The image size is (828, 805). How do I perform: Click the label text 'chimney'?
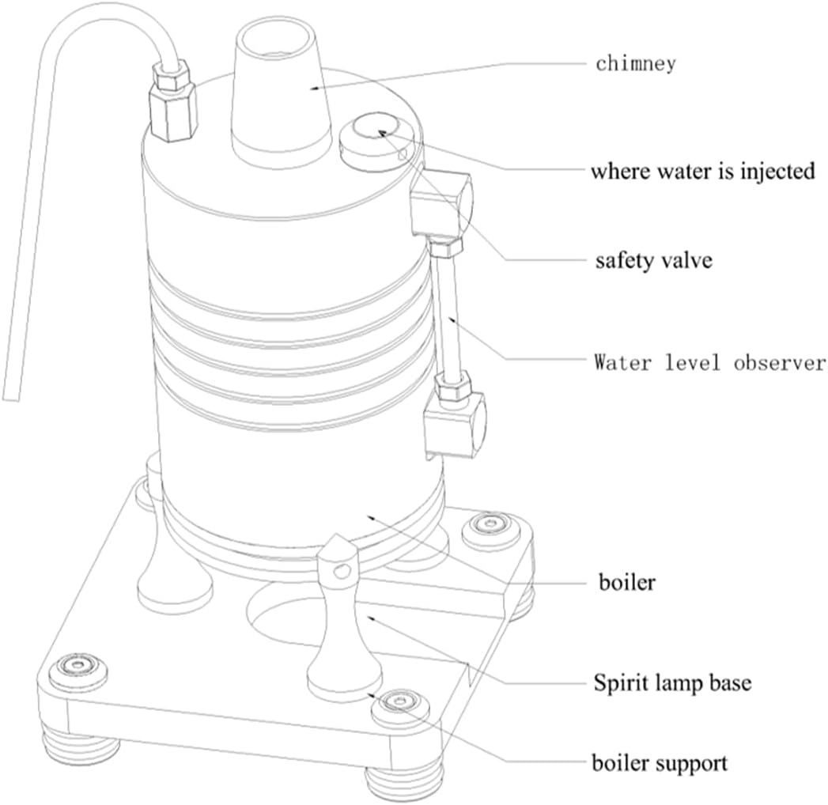(x=636, y=63)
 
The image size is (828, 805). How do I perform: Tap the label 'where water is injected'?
(x=702, y=171)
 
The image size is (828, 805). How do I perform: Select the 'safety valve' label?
(x=653, y=260)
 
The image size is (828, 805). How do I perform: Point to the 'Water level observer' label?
(x=710, y=363)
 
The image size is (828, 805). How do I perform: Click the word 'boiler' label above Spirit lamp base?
(x=627, y=583)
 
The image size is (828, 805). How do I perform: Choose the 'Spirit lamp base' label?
(x=672, y=682)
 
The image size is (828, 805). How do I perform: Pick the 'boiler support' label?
(x=660, y=764)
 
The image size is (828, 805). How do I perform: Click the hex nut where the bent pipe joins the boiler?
(x=172, y=103)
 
